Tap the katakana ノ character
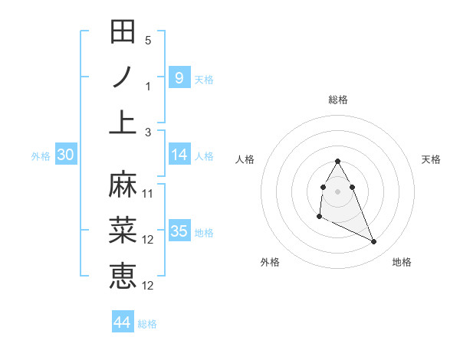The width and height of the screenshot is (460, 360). (x=123, y=77)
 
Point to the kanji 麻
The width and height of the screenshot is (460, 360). (x=123, y=185)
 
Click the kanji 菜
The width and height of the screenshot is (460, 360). (x=123, y=230)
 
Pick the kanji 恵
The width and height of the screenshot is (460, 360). (x=123, y=275)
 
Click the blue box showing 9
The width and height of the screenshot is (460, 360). (x=179, y=77)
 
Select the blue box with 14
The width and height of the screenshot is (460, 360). (x=179, y=155)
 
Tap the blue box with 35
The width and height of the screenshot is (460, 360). (x=179, y=231)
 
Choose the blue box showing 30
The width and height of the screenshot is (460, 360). (x=65, y=155)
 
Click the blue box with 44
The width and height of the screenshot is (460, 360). (x=122, y=322)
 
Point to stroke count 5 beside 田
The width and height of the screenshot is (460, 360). (x=148, y=41)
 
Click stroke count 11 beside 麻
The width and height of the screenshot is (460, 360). (x=148, y=194)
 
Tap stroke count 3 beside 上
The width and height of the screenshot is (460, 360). (x=148, y=132)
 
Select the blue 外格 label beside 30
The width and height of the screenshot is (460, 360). (x=41, y=156)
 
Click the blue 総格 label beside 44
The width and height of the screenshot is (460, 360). (x=147, y=324)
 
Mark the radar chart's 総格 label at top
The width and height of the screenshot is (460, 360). (x=337, y=100)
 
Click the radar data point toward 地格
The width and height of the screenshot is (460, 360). (x=374, y=242)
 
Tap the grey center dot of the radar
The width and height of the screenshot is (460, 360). (x=337, y=191)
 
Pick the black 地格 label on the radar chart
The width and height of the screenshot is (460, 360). (x=402, y=262)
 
